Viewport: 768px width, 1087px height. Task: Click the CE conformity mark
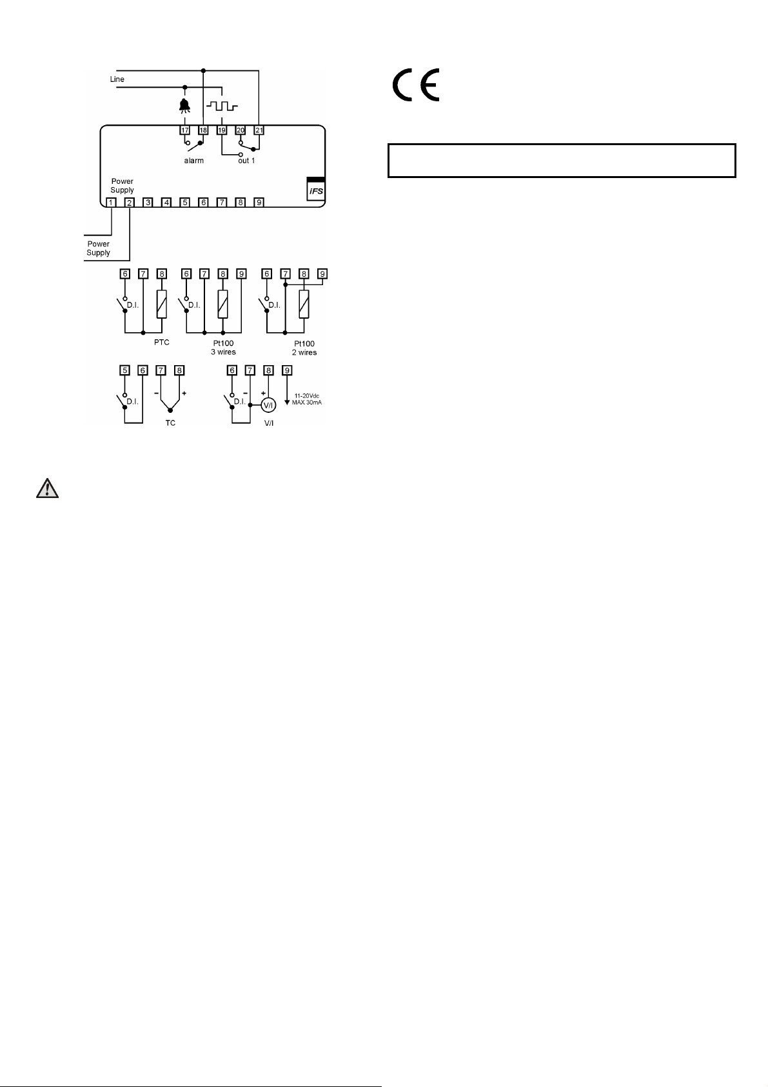[417, 85]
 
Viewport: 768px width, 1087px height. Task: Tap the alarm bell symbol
[185, 106]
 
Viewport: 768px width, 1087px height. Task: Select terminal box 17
[185, 130]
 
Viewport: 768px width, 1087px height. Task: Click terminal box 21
[259, 130]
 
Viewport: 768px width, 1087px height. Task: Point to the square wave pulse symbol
[222, 106]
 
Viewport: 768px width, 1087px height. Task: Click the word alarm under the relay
[194, 161]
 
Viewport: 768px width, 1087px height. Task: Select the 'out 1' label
[246, 161]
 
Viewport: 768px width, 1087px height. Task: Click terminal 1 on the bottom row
[111, 203]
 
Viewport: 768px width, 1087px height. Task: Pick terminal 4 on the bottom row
[166, 203]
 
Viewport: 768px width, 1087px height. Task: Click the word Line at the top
[117, 79]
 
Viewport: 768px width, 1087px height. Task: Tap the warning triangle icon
[46, 488]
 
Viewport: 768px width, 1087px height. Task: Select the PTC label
[162, 343]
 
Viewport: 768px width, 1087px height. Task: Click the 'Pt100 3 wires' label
[223, 348]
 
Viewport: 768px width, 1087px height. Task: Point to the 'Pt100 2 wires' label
[304, 348]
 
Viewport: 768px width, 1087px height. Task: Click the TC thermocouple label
[170, 423]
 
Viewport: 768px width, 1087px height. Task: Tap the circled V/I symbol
[268, 405]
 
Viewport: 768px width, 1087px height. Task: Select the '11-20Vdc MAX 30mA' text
[307, 399]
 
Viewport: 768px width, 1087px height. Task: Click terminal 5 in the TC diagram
[124, 370]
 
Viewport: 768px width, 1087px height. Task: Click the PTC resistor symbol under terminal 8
[162, 304]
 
